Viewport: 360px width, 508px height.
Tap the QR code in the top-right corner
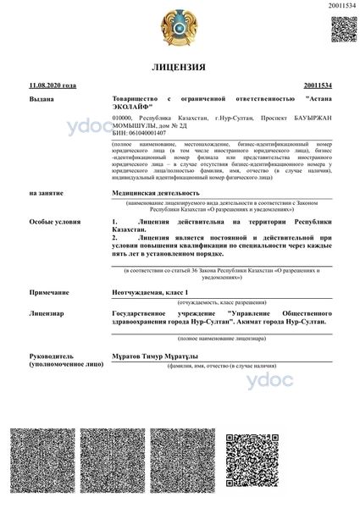tap(342, 29)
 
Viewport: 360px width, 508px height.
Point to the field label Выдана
tap(41, 100)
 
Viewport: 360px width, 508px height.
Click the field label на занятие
tap(46, 193)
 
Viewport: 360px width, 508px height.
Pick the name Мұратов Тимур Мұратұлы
tap(159, 356)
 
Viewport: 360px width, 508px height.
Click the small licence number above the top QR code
tap(342, 7)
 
